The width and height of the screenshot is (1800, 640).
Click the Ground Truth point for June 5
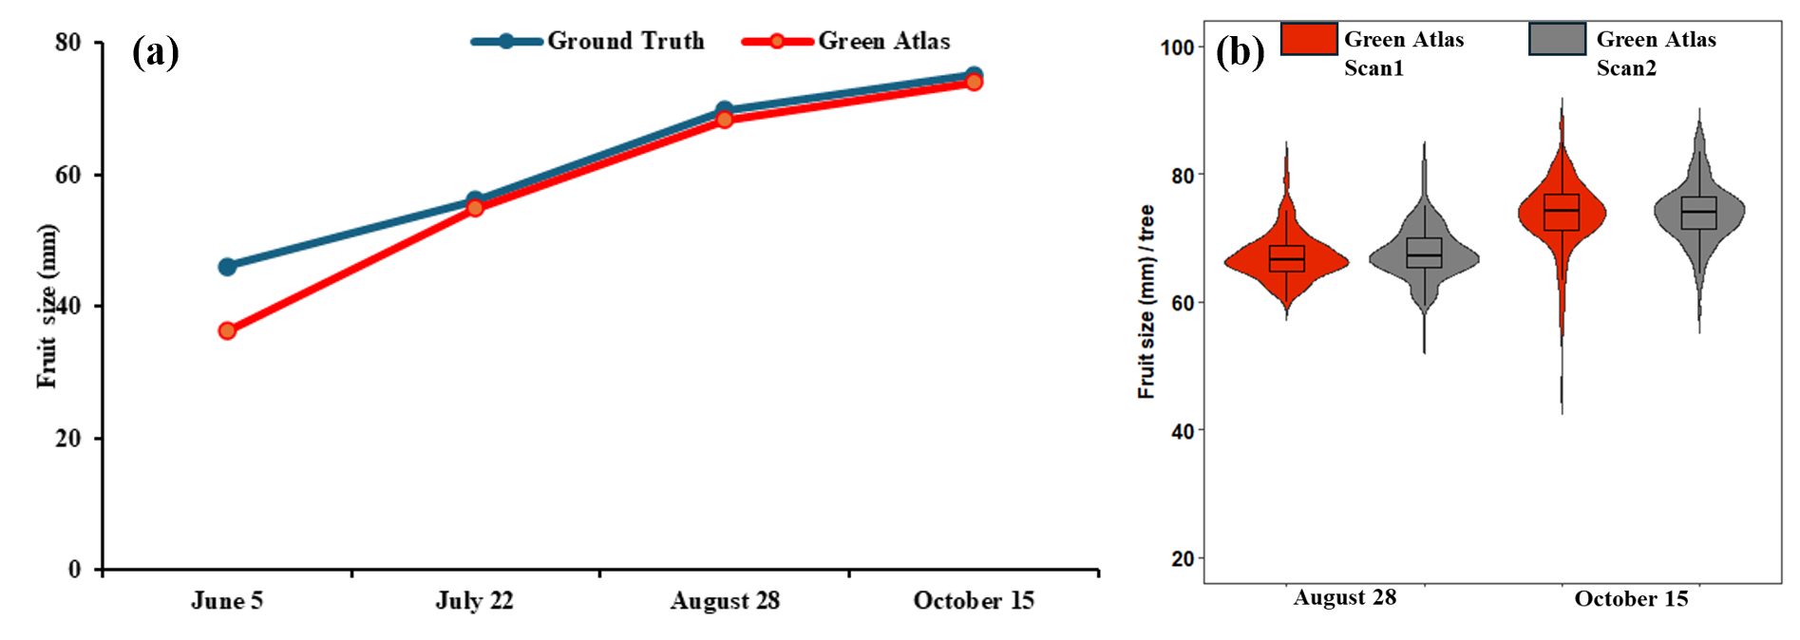click(x=227, y=267)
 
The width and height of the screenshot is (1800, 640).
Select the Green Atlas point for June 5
click(x=227, y=330)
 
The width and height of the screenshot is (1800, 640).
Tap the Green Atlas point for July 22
click(x=475, y=207)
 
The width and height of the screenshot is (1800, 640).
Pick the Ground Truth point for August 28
click(x=724, y=110)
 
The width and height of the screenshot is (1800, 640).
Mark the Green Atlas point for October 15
click(x=974, y=83)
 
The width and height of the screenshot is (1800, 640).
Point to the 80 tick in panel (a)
click(x=68, y=43)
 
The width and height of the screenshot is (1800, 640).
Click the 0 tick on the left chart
click(x=74, y=570)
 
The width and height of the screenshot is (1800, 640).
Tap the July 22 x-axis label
click(x=474, y=601)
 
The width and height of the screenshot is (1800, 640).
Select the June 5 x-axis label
click(x=227, y=601)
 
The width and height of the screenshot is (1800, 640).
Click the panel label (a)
click(x=155, y=51)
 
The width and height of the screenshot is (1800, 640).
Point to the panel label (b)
click(x=1240, y=51)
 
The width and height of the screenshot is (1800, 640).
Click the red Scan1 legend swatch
click(x=1309, y=39)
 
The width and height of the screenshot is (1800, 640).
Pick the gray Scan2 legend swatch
click(x=1557, y=39)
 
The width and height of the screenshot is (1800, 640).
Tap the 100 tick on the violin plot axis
click(x=1177, y=47)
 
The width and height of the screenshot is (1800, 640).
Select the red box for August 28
click(x=1287, y=258)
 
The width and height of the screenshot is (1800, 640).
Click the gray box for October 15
click(x=1698, y=213)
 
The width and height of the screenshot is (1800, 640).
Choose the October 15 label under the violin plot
click(x=1631, y=599)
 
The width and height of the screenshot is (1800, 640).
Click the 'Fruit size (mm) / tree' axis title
click(x=1146, y=302)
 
